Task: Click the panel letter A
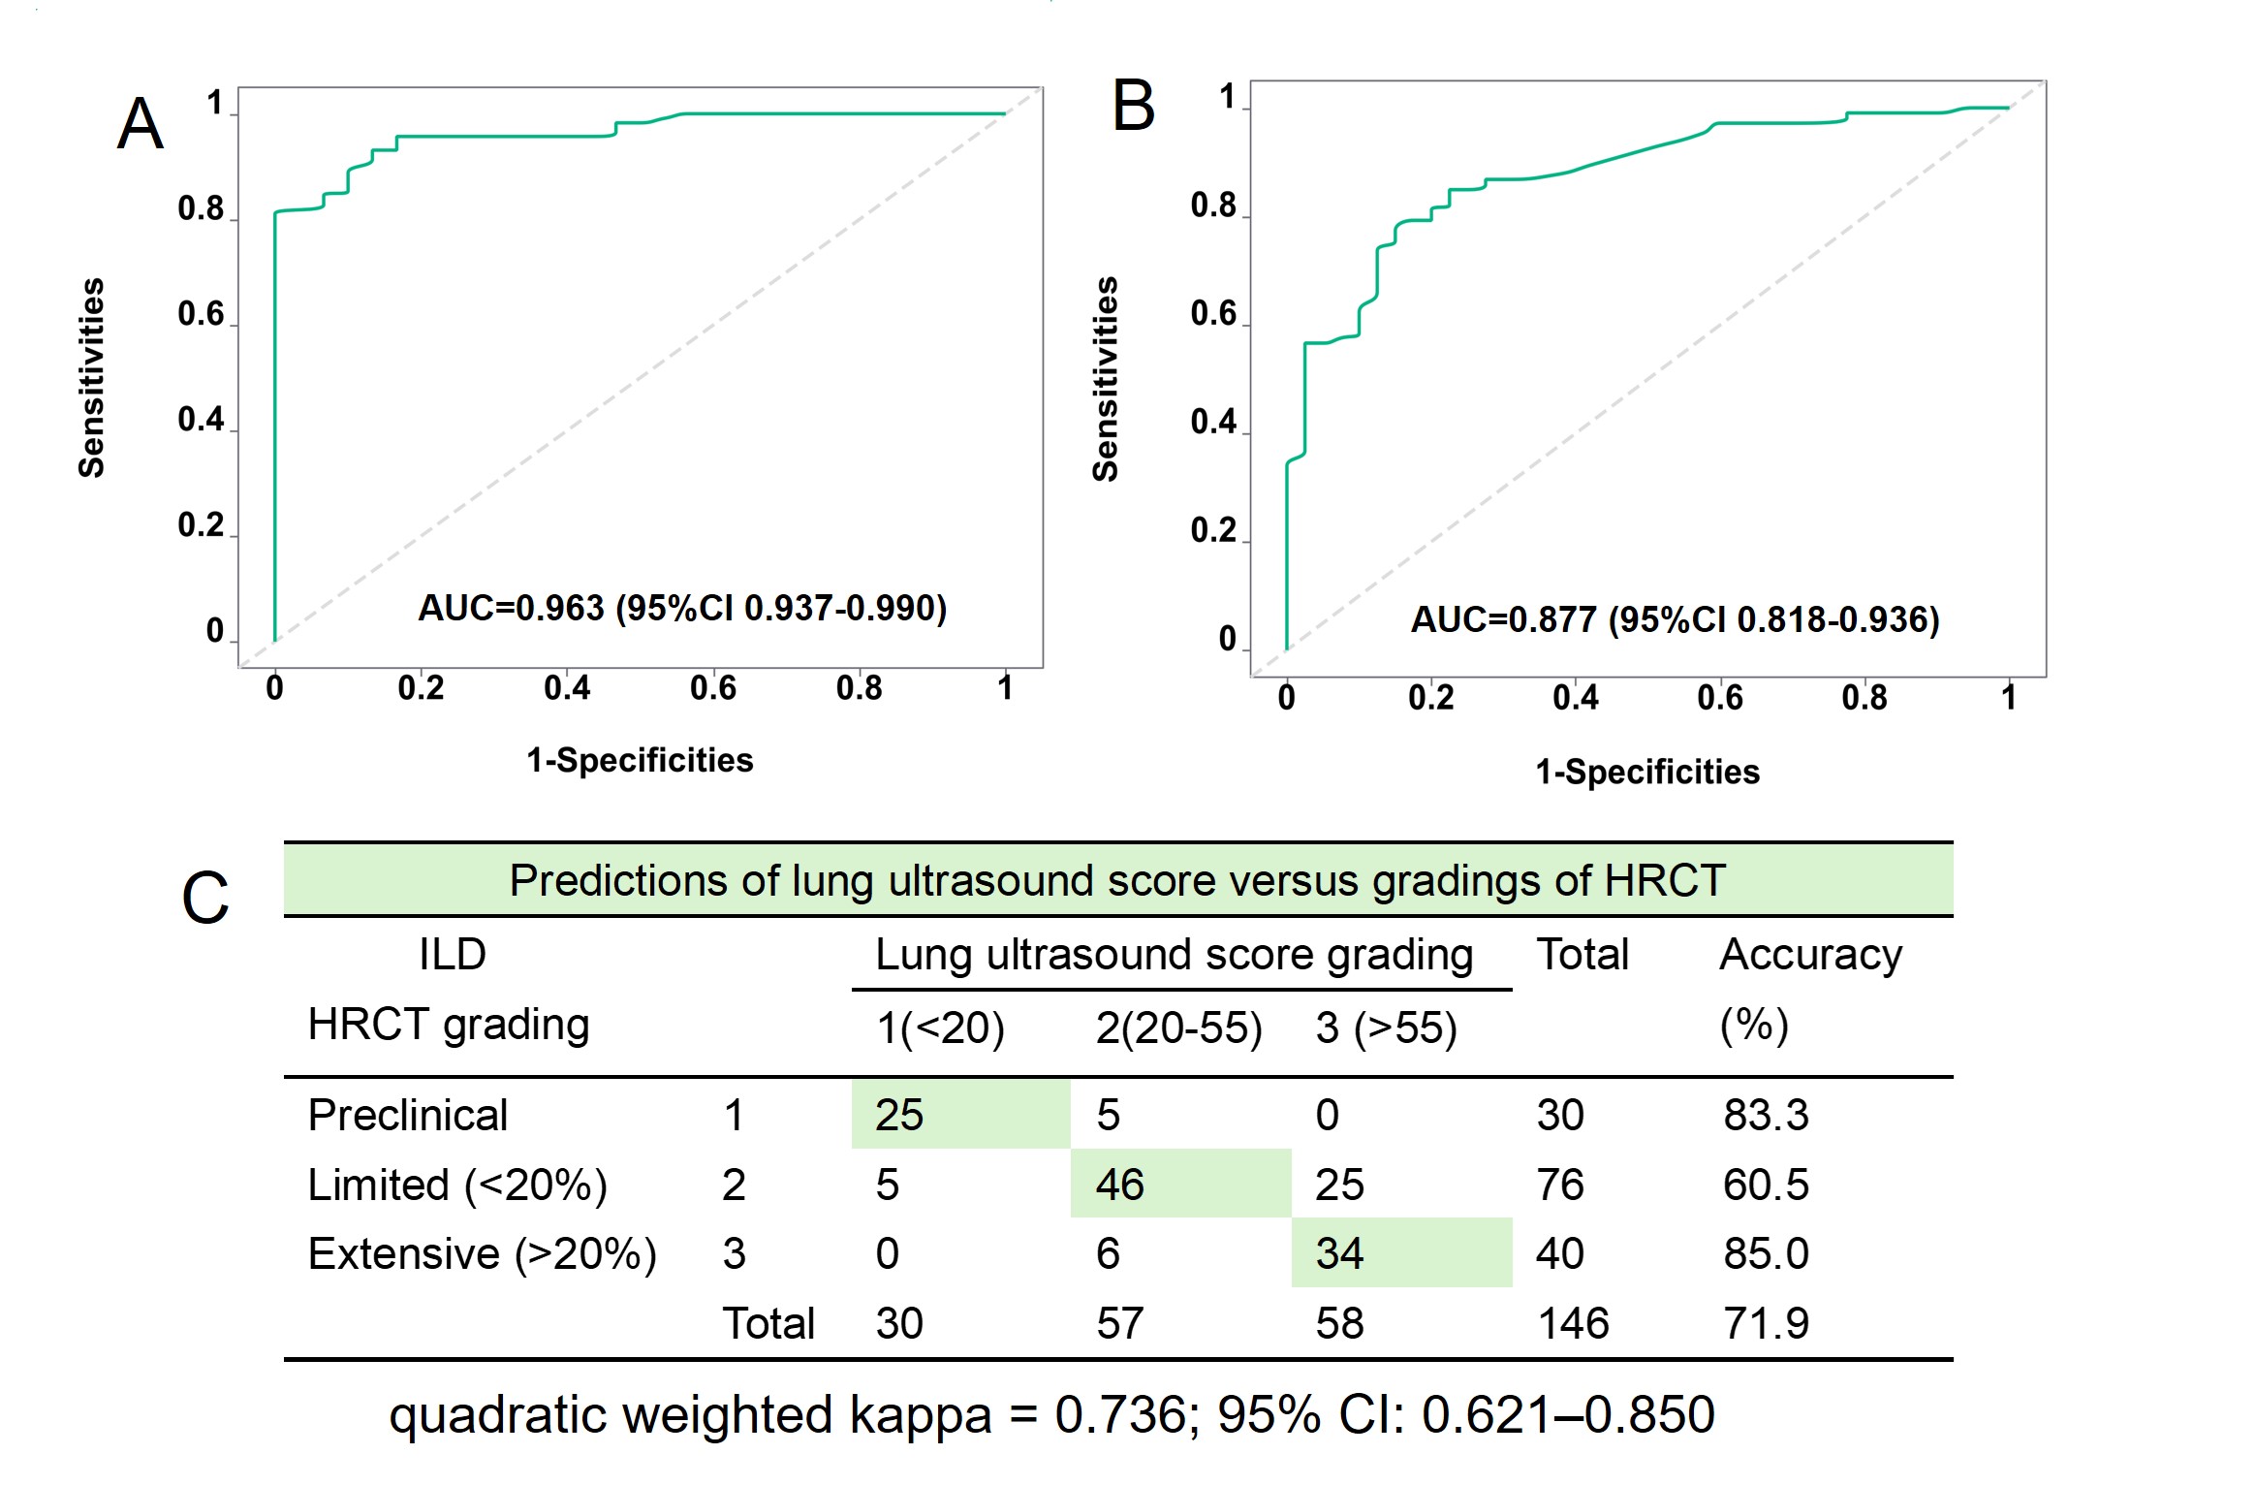(x=141, y=124)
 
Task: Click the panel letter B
(x=1133, y=106)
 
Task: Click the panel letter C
(x=205, y=898)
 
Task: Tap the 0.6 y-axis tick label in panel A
(x=201, y=314)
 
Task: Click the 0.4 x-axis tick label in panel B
(x=1575, y=698)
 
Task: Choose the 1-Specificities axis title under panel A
(x=640, y=760)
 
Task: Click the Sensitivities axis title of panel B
(x=1106, y=379)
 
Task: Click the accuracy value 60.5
(x=1766, y=1185)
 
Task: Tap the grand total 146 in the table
(x=1573, y=1323)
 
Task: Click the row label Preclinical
(x=407, y=1115)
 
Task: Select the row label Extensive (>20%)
(x=482, y=1253)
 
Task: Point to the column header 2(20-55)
(x=1178, y=1028)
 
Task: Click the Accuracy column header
(x=1810, y=955)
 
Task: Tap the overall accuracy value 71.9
(x=1766, y=1323)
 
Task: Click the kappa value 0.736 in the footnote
(x=1119, y=1414)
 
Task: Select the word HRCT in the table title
(x=1665, y=880)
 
